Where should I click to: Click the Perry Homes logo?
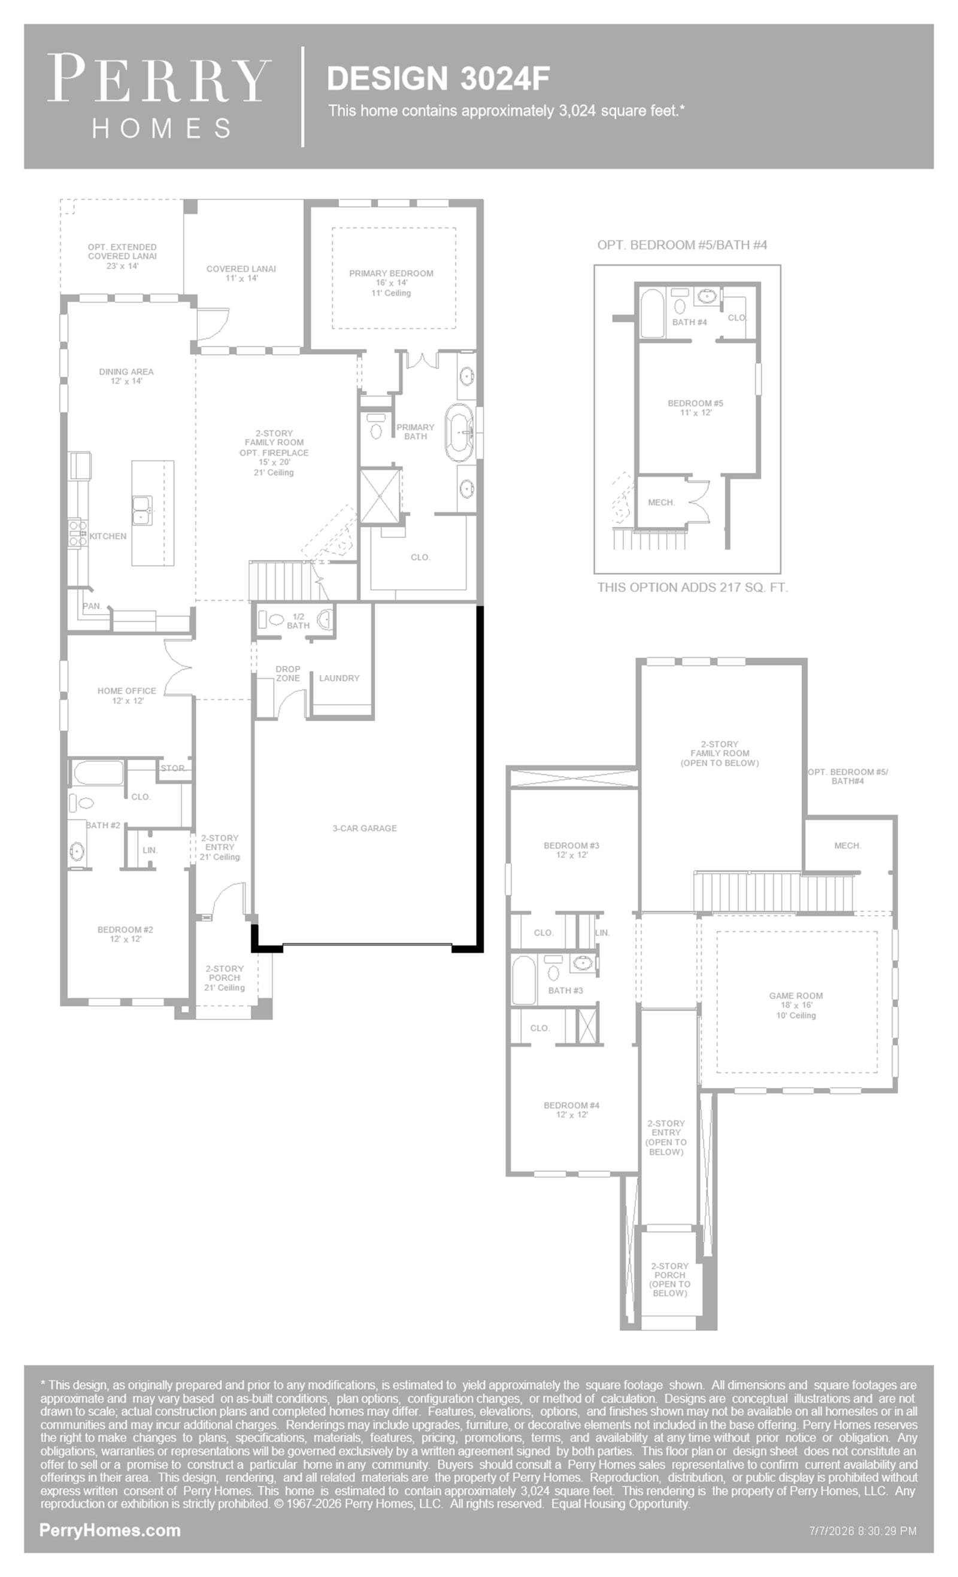click(159, 96)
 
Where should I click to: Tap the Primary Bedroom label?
click(390, 274)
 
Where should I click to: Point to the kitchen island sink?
click(141, 510)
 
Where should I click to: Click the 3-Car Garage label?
click(365, 828)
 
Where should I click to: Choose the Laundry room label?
click(339, 677)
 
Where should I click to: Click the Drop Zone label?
click(288, 673)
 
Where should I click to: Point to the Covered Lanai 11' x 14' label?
click(241, 274)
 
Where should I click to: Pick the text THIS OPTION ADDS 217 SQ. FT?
click(692, 587)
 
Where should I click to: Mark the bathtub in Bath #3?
click(524, 980)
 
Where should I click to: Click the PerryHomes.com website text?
click(110, 1530)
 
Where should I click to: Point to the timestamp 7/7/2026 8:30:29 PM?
click(863, 1531)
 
